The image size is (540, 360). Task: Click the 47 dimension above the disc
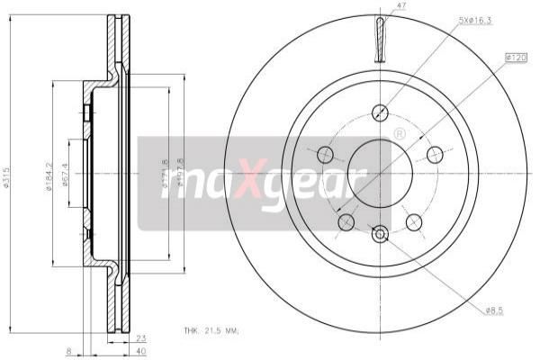point(382,7)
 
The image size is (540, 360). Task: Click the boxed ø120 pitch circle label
point(516,58)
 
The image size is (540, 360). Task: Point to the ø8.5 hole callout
point(494,310)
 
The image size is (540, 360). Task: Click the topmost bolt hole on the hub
point(380,112)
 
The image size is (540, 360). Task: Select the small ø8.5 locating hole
point(380,234)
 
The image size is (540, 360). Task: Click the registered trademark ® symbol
point(399,133)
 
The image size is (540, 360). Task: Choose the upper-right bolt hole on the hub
point(435,153)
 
